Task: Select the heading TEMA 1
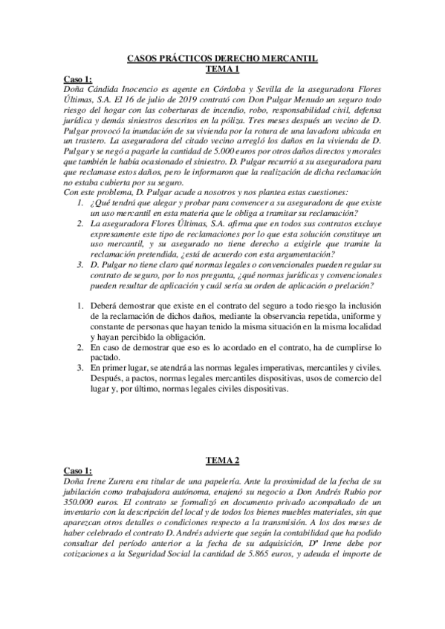pos(222,68)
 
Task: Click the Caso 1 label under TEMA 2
pos(77,471)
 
